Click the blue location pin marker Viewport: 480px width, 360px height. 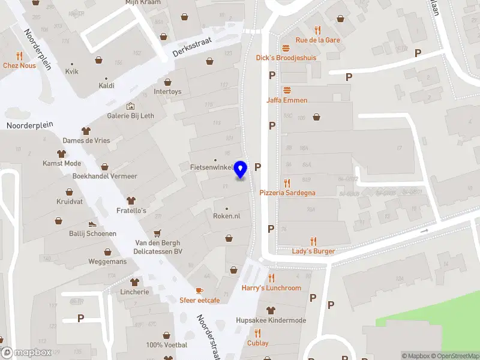pos(241,170)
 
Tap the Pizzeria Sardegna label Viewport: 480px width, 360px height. pos(287,193)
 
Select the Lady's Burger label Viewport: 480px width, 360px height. pos(313,251)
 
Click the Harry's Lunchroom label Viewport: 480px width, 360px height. pos(271,288)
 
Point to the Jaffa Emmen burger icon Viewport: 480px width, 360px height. pos(287,91)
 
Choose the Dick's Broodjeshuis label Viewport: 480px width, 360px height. pos(286,58)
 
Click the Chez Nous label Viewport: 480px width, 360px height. pos(19,65)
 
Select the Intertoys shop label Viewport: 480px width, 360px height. pos(167,92)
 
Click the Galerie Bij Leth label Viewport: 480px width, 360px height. pos(131,116)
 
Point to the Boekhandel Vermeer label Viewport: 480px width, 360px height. pos(104,176)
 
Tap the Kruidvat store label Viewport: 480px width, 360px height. pos(70,202)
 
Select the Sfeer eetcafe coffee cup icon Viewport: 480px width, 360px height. pos(199,290)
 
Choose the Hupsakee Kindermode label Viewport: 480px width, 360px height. pos(271,320)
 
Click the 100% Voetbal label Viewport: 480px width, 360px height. pos(167,345)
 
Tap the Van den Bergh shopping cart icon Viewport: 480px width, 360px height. pos(157,233)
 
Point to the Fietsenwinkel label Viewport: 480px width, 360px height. pos(212,167)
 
